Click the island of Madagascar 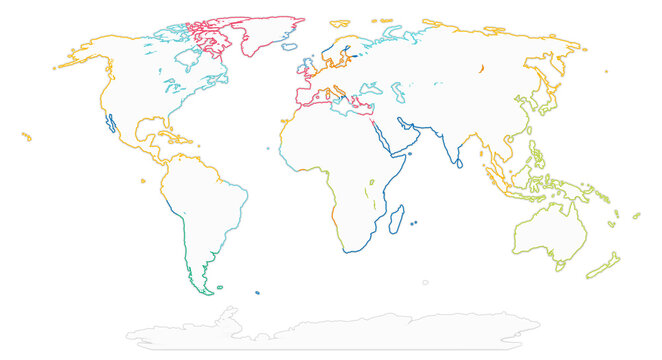click(398, 215)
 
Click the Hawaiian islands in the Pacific click(25, 136)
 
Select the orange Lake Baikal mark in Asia click(481, 68)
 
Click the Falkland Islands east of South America click(257, 292)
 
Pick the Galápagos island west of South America click(144, 181)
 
